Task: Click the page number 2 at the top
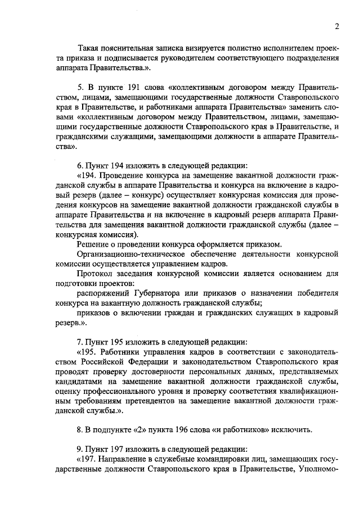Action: pos(336,26)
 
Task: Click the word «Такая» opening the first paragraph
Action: pos(90,47)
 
